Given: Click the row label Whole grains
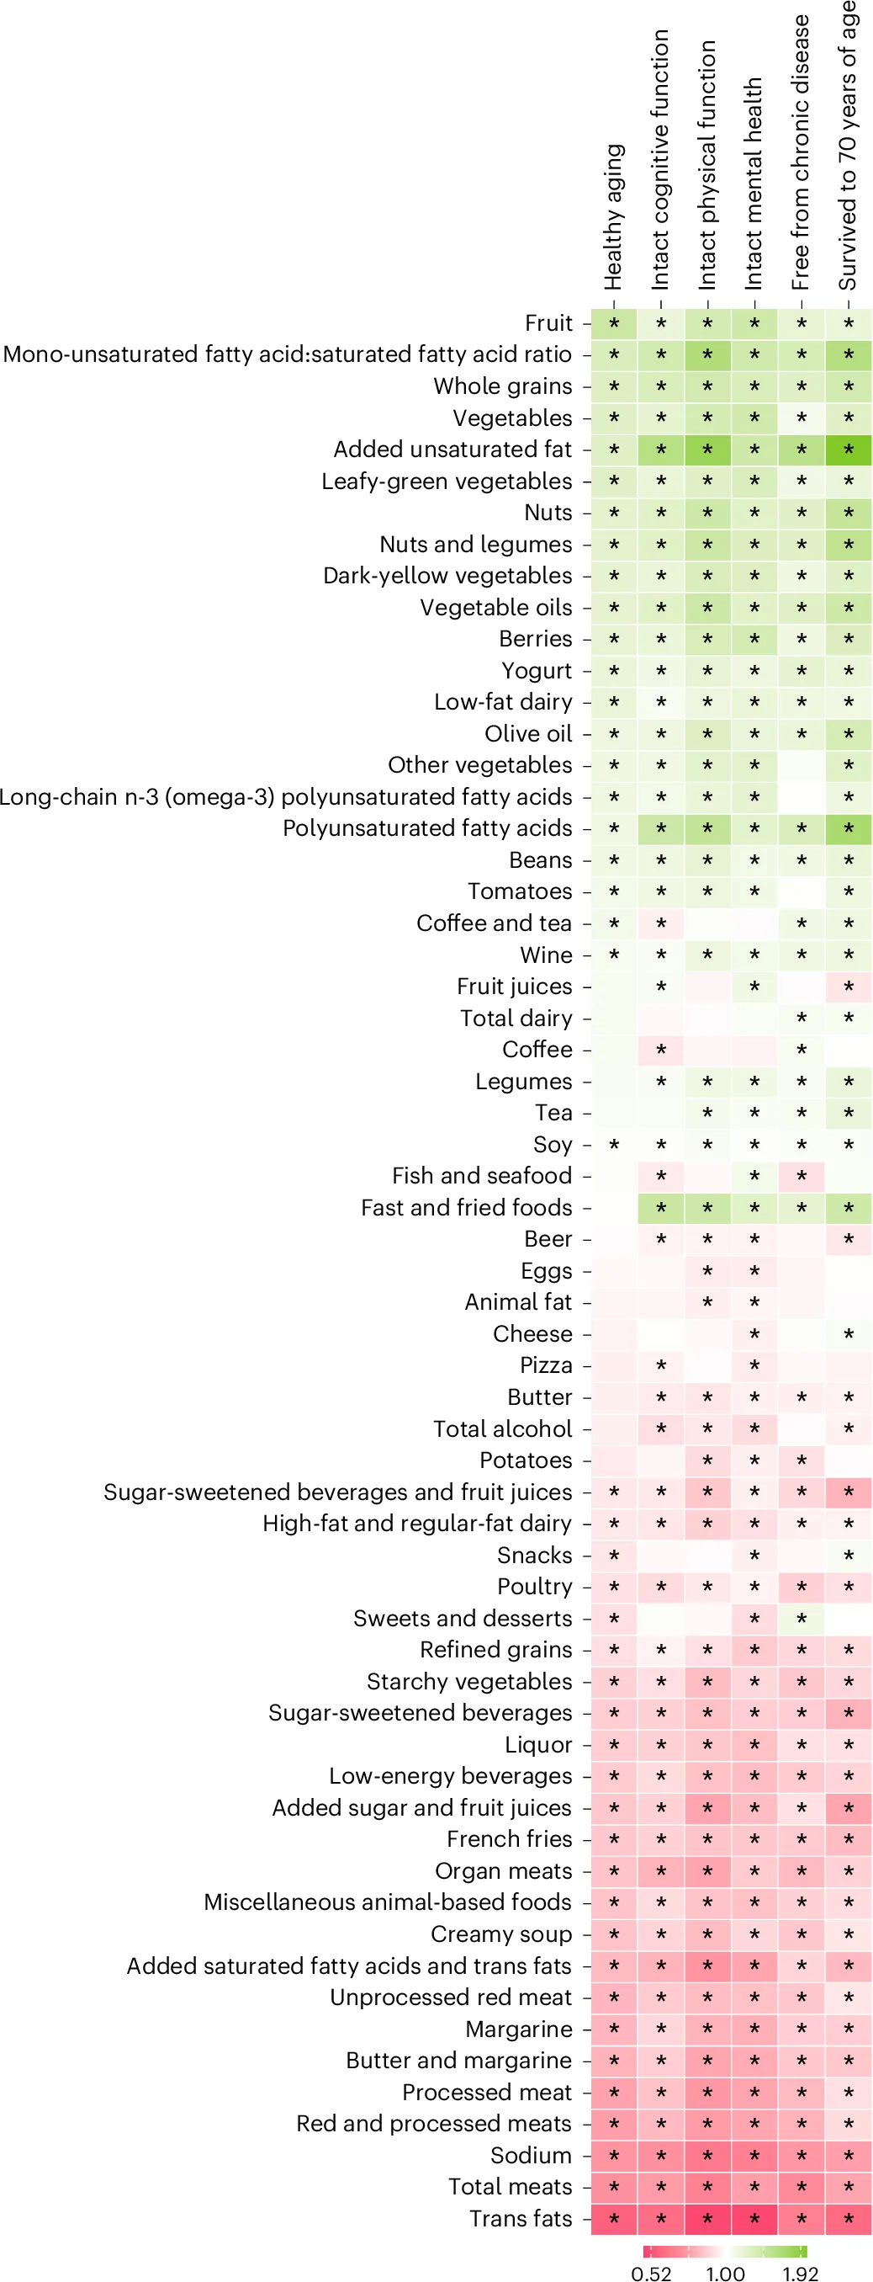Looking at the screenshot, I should click(x=502, y=386).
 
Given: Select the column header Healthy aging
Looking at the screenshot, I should click(x=614, y=217).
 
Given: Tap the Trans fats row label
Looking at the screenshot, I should click(x=520, y=2217).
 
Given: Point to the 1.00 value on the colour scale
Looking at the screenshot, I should click(x=725, y=2272).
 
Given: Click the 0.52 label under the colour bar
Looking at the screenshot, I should click(x=651, y=2272).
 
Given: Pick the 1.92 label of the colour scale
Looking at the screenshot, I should click(x=800, y=2272).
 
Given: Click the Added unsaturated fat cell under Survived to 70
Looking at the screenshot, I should click(x=849, y=449).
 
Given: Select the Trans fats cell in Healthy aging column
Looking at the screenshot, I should click(x=614, y=2217).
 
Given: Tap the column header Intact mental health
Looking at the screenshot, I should click(x=754, y=184).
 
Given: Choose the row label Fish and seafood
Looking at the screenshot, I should click(x=482, y=1176).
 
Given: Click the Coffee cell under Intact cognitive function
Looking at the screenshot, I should click(x=660, y=1050).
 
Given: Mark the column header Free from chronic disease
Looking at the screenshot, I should click(x=801, y=152).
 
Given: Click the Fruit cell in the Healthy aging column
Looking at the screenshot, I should click(x=614, y=323).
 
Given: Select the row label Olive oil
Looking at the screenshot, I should click(x=527, y=733).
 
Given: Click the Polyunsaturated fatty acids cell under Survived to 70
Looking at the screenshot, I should click(x=849, y=828).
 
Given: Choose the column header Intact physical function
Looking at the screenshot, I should click(x=706, y=165).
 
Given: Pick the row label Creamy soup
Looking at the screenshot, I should click(x=500, y=1934).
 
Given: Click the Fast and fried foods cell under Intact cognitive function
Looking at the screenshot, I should click(x=660, y=1207).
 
